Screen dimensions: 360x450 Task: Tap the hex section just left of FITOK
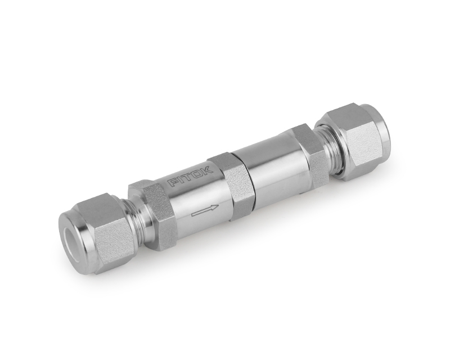[151, 208]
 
